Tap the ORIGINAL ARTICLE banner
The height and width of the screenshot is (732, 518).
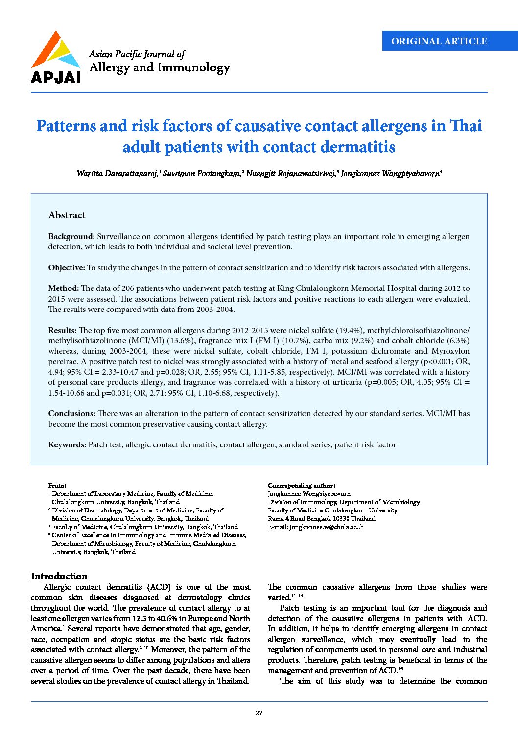[439, 42]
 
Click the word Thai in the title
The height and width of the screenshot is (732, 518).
[466, 126]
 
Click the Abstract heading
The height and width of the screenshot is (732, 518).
[67, 215]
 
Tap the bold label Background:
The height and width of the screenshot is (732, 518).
[71, 237]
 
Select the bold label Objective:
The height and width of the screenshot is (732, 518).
[67, 268]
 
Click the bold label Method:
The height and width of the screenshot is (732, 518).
[64, 288]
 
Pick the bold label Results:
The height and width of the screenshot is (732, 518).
[63, 331]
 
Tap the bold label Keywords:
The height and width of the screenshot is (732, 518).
[67, 445]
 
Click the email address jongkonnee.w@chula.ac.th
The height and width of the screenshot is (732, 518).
[327, 527]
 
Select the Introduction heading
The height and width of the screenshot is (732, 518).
[59, 576]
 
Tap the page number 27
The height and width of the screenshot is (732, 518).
[259, 713]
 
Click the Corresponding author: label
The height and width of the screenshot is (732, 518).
[301, 486]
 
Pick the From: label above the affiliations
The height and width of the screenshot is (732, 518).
[57, 486]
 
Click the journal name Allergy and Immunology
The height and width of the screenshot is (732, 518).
[159, 67]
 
